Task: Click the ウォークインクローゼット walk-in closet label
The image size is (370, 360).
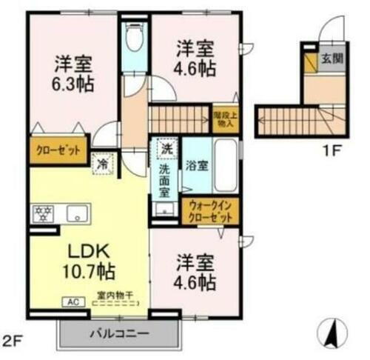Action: point(211,212)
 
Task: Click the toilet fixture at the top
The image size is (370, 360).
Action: point(134,36)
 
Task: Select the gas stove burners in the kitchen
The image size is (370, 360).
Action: point(41,215)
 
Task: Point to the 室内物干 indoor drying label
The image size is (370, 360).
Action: point(115,295)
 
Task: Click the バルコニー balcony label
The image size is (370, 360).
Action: point(118,332)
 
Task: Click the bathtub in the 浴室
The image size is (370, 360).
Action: point(226,164)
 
